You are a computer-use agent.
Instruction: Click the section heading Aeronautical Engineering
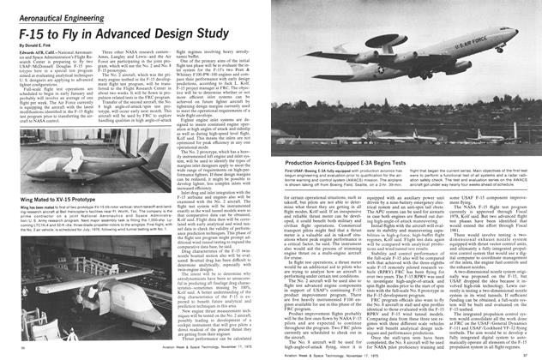(51, 9)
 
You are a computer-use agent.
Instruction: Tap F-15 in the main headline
(27, 26)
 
